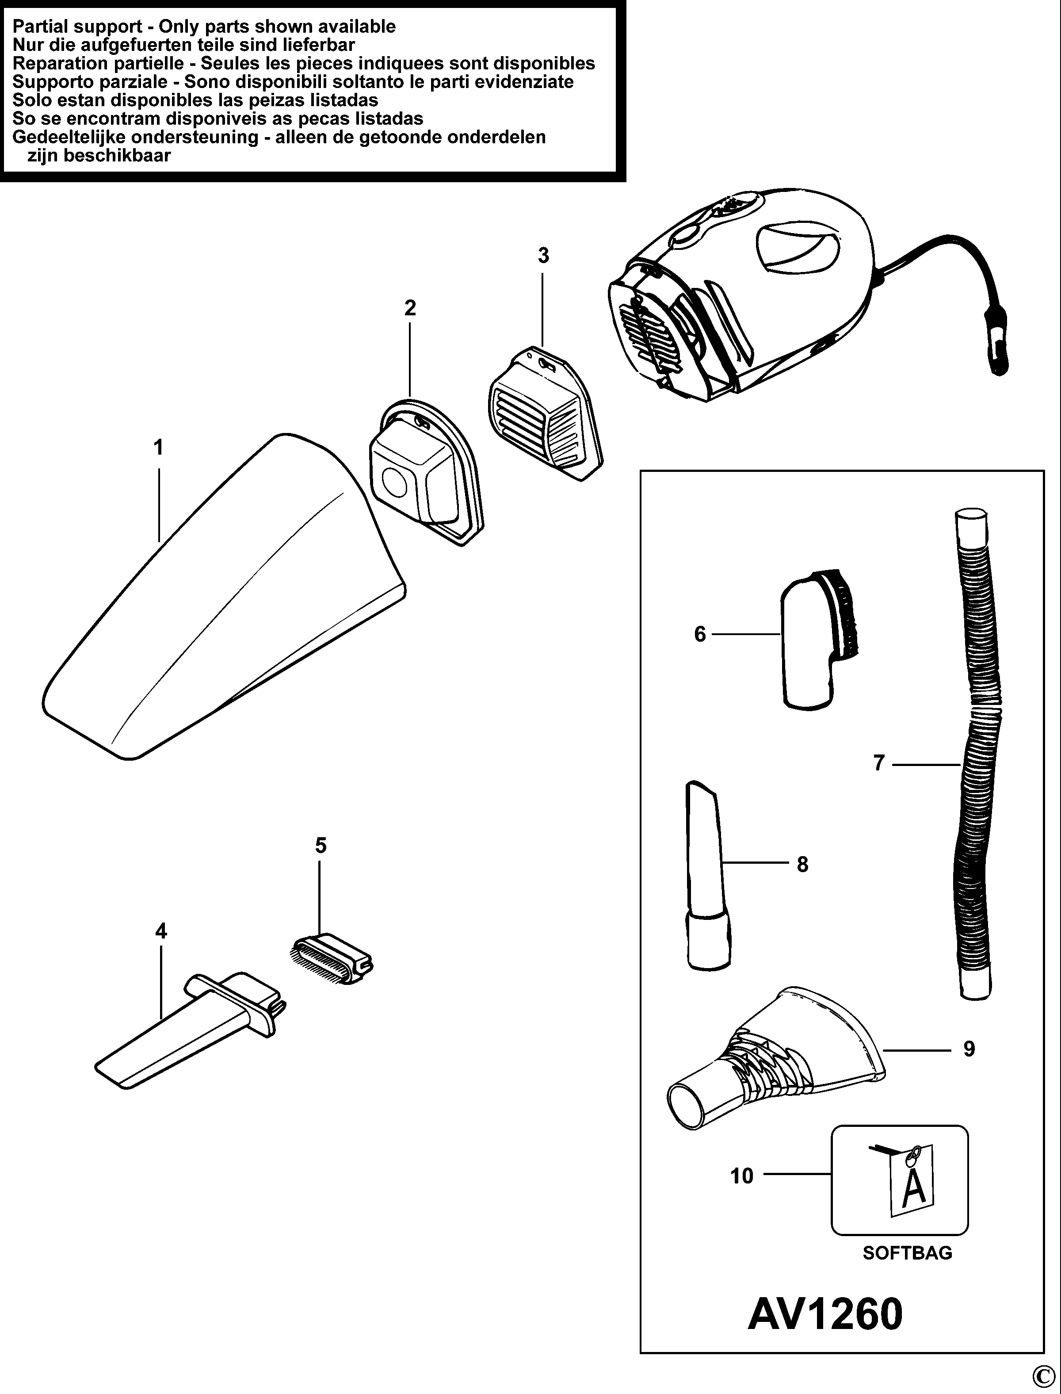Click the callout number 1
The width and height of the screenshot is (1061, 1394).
[x=159, y=448]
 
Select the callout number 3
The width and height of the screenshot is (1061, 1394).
[x=543, y=256]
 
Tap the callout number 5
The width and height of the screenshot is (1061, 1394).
[x=321, y=845]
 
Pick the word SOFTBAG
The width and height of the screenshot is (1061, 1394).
[x=907, y=1252]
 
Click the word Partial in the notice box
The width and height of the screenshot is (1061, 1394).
[x=44, y=27]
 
